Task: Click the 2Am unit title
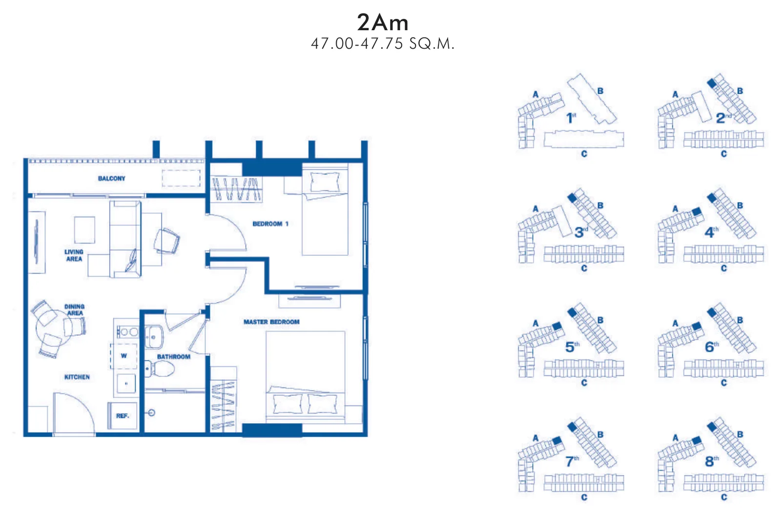coord(383,22)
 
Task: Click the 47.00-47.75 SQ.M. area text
coord(383,44)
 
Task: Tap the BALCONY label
coord(112,179)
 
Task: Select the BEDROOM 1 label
coord(270,224)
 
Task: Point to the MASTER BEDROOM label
coord(271,322)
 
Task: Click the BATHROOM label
coord(174,357)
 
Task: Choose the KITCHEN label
coord(77,377)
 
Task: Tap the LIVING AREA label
coord(74,255)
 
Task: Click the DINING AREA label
coord(75,310)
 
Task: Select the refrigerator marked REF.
coord(123,415)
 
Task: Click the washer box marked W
coord(124,356)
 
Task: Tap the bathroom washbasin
coord(154,337)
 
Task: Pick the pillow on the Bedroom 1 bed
coord(325,182)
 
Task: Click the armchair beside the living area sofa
coord(166,241)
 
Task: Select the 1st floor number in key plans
coord(571,118)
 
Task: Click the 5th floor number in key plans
coord(572,347)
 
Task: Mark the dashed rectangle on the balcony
coord(181,178)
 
